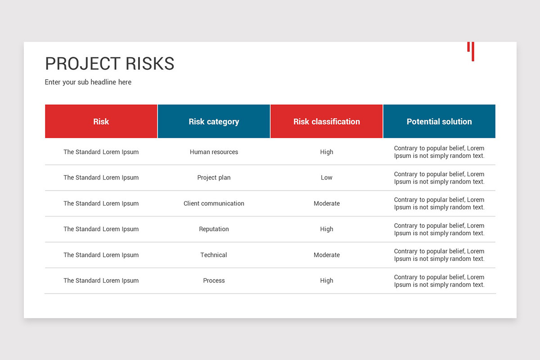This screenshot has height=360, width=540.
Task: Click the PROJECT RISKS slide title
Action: [110, 63]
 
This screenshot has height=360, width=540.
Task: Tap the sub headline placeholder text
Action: [88, 82]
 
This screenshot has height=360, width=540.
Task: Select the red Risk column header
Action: [101, 121]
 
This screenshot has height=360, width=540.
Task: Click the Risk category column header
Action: [214, 121]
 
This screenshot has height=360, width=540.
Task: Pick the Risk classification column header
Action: [326, 121]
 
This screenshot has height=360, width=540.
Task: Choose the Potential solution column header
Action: [439, 121]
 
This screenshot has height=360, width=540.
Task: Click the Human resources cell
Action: [214, 152]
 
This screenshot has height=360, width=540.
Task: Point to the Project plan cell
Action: [214, 178]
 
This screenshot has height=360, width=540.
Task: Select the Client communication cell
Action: [214, 203]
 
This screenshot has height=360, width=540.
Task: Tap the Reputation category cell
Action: [214, 229]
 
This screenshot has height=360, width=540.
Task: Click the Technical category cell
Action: [214, 255]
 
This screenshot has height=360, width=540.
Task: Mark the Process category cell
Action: [214, 280]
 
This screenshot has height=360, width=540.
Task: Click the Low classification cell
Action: [326, 178]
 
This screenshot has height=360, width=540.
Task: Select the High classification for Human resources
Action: [326, 152]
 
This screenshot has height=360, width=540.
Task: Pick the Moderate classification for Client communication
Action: [327, 203]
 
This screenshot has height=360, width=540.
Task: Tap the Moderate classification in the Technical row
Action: [327, 255]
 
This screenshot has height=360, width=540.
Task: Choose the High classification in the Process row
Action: [326, 280]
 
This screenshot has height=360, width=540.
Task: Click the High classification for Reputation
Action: [326, 229]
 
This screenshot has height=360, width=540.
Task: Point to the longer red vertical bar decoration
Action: [473, 52]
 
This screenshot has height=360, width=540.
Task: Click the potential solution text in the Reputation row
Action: [439, 229]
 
